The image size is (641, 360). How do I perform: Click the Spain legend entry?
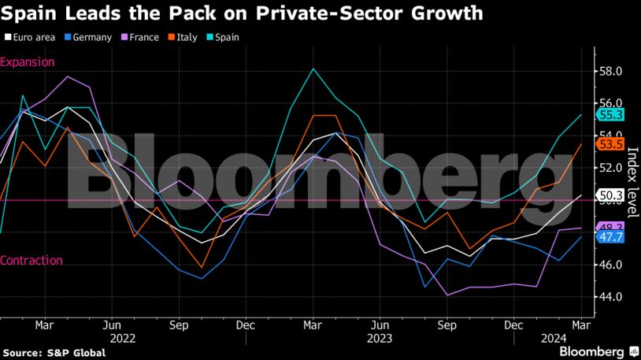coord(221,37)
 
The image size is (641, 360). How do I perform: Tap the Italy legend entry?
coord(183,37)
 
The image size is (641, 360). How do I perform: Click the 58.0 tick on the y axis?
coord(611,71)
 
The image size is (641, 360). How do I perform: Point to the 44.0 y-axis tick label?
coord(611,296)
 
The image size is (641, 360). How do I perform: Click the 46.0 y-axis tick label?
coord(611,265)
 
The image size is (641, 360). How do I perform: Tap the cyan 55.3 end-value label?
coord(612,115)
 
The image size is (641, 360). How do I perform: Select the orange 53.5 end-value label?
coord(612,144)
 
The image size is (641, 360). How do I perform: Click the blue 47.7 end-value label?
coord(612,236)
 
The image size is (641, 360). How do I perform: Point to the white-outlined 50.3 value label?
coord(612,195)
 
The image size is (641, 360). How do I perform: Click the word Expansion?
coord(28,61)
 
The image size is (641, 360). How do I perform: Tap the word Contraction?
coord(31,261)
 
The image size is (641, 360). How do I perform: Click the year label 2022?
coord(111,337)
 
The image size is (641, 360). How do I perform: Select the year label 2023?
coord(380,337)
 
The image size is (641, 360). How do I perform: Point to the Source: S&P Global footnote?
coord(54,352)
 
